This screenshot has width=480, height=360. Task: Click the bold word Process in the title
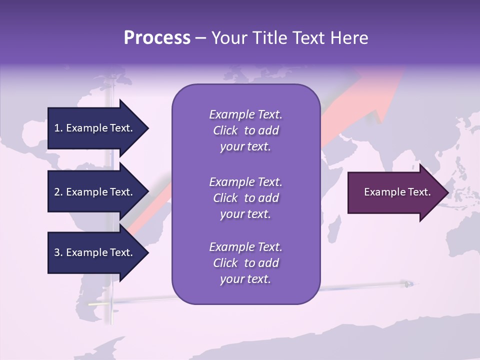click(157, 38)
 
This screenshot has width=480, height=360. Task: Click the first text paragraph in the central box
click(245, 130)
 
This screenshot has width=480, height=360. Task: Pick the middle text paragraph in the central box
click(245, 198)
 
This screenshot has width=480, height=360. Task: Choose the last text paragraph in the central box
click(245, 263)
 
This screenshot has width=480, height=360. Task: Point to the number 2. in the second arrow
click(58, 192)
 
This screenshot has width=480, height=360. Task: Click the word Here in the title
click(349, 38)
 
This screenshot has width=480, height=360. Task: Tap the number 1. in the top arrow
click(58, 128)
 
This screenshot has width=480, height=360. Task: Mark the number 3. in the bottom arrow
click(58, 252)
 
